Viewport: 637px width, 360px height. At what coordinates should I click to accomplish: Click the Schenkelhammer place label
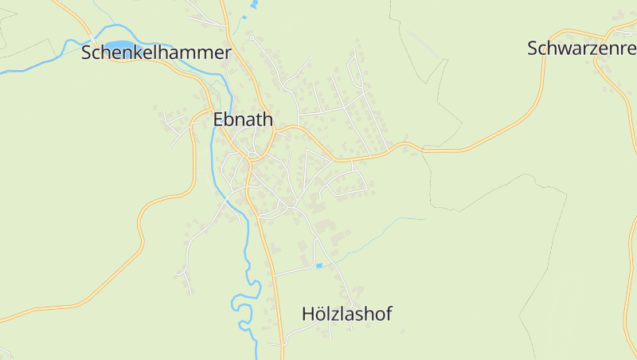pyautogui.click(x=156, y=53)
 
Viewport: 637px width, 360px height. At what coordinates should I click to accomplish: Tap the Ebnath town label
pyautogui.click(x=243, y=119)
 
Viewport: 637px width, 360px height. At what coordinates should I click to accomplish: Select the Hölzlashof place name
pyautogui.click(x=347, y=314)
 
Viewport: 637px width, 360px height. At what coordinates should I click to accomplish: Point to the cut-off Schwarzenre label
pyautogui.click(x=581, y=48)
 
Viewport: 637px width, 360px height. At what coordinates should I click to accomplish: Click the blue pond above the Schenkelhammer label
pyautogui.click(x=119, y=45)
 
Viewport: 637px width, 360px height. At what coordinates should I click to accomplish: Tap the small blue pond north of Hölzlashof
pyautogui.click(x=319, y=265)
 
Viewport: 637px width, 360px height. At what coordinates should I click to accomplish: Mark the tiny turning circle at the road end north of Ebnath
pyautogui.click(x=251, y=37)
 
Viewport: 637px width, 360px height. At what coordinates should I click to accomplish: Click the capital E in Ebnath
pyautogui.click(x=218, y=119)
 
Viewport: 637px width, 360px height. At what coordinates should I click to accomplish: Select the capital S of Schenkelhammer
pyautogui.click(x=87, y=53)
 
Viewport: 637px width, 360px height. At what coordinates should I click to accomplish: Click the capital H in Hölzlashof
pyautogui.click(x=308, y=314)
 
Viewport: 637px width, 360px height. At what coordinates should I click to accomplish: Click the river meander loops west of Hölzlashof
pyautogui.click(x=244, y=303)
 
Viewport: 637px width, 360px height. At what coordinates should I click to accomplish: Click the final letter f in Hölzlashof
pyautogui.click(x=389, y=314)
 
